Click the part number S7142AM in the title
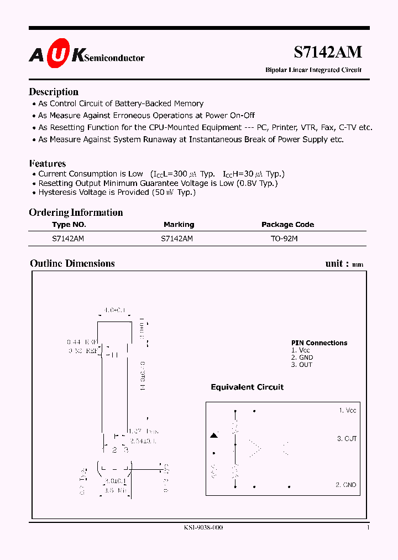click(327, 52)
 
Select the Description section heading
click(54, 92)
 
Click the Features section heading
click(48, 163)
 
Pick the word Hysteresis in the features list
click(57, 192)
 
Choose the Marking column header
click(179, 225)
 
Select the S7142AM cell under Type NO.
click(68, 239)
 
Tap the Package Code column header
click(287, 225)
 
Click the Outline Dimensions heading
click(72, 263)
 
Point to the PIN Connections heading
click(320, 343)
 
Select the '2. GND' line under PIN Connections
click(302, 357)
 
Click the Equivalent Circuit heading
click(247, 387)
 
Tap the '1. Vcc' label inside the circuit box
click(348, 411)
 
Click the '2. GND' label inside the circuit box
click(346, 485)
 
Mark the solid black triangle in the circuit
click(214, 436)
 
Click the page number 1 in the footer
click(368, 528)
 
